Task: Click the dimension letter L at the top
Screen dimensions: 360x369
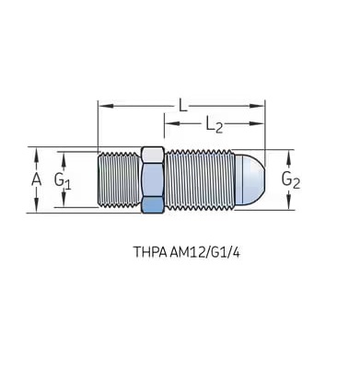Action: (183, 106)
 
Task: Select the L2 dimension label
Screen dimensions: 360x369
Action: (214, 125)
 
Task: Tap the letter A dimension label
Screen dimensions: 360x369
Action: (36, 179)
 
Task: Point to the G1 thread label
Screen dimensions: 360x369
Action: (63, 181)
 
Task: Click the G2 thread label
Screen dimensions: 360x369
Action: (291, 180)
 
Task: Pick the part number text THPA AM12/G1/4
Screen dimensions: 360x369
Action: (186, 252)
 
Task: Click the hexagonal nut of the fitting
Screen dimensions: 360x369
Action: (153, 180)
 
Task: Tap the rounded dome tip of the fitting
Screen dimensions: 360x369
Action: (250, 179)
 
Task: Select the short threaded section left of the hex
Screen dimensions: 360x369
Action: (119, 179)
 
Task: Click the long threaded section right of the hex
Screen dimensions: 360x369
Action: (200, 179)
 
